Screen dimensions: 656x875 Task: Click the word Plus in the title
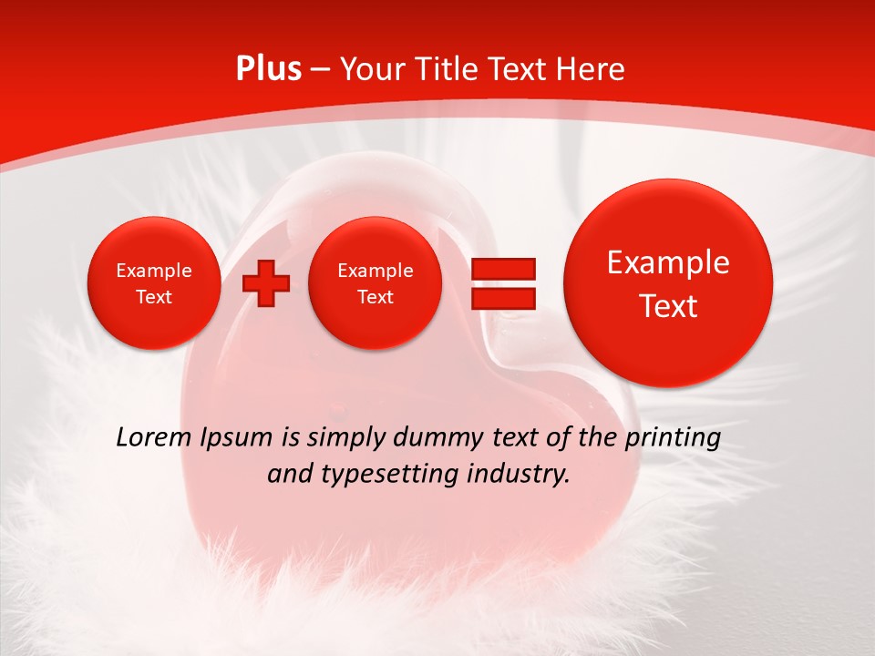click(268, 69)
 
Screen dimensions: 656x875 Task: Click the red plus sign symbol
click(265, 283)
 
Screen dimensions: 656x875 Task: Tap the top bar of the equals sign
click(502, 269)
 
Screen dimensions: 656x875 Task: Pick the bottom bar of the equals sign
click(502, 297)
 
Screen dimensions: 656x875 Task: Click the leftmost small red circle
click(153, 283)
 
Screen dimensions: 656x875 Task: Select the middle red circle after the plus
click(375, 283)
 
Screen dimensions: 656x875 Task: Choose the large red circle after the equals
click(668, 283)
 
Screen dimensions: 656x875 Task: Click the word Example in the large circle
click(668, 262)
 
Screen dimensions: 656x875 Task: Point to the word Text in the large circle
click(668, 306)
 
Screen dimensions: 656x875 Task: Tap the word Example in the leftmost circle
click(153, 271)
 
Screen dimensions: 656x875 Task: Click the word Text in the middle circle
click(375, 297)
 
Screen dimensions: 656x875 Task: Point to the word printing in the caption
click(675, 438)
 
